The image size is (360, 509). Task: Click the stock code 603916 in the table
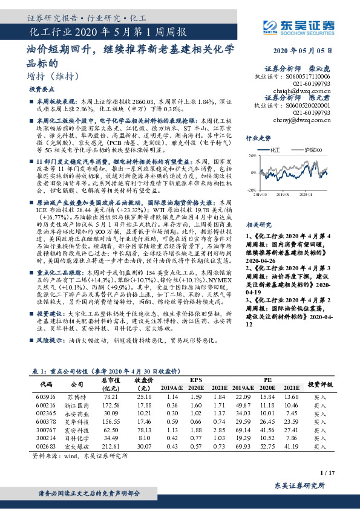[x=46, y=396]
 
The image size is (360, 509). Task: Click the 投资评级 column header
[x=320, y=383]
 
